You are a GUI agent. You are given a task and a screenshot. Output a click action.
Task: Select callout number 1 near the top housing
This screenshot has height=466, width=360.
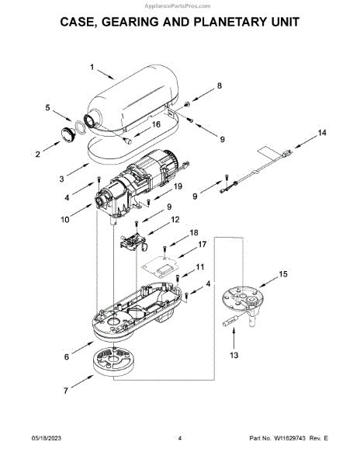pos(92,68)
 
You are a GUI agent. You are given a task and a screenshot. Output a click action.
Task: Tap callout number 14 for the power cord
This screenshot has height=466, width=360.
pos(322,133)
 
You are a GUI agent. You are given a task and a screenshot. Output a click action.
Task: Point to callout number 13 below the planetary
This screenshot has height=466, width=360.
pos(234,355)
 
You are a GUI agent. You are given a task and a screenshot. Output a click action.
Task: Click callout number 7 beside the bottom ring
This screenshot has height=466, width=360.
pos(66,391)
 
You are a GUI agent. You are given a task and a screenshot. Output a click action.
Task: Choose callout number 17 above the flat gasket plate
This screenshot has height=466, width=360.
pos(202,245)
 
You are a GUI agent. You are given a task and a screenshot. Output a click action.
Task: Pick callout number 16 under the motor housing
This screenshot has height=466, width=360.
pos(156,124)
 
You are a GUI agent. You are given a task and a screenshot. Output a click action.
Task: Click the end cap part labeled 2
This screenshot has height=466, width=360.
pos(69,134)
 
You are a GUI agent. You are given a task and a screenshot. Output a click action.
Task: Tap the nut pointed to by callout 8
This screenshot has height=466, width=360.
pos(187,104)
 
